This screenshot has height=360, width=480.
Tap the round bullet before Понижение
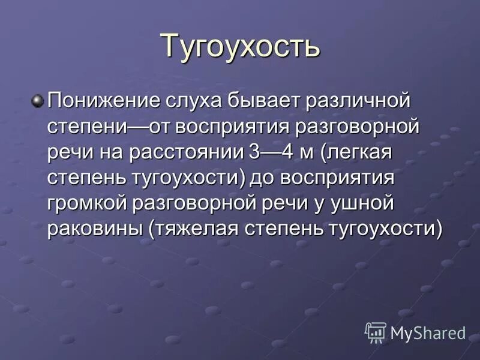(38, 100)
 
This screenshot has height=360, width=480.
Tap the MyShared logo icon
(376, 332)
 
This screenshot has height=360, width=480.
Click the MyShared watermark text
(428, 332)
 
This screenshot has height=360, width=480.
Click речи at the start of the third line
(68, 152)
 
